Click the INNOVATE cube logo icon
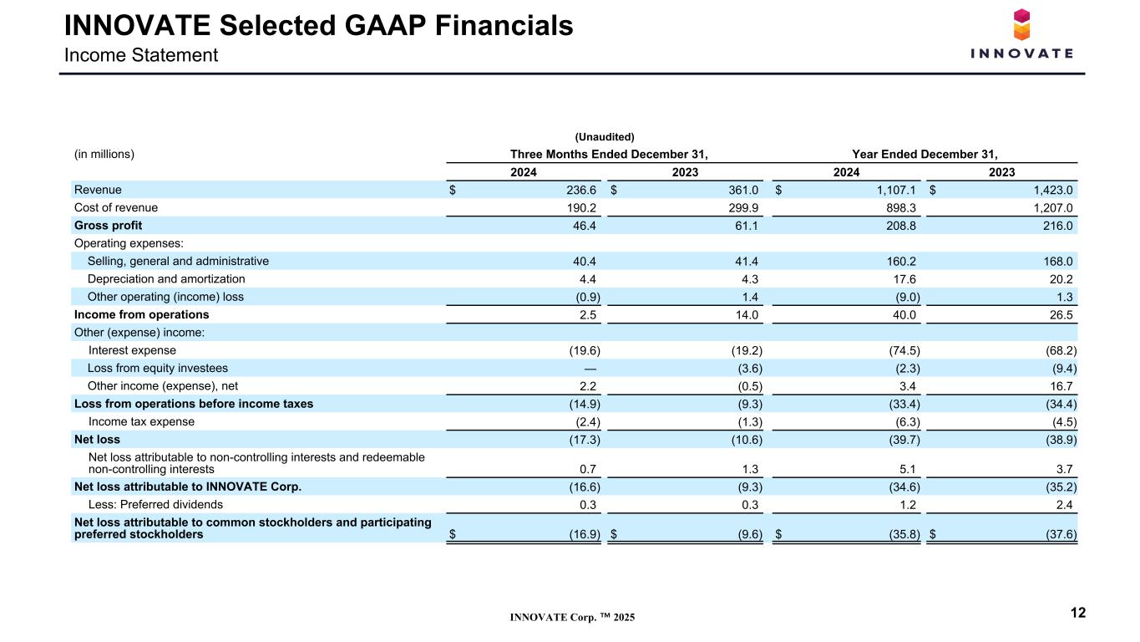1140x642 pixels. (1021, 24)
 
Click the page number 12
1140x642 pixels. (1078, 613)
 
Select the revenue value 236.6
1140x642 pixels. (581, 190)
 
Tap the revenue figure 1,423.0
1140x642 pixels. (1053, 190)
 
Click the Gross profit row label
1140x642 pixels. (108, 225)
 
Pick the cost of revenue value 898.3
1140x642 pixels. (901, 208)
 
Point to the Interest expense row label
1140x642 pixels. (132, 350)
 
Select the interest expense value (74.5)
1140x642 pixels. (904, 350)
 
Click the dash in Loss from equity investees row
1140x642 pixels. (590, 369)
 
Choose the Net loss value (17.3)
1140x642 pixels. (585, 440)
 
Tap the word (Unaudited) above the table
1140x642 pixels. (605, 137)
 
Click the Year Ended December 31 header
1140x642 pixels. (925, 155)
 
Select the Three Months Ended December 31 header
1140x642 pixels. (609, 155)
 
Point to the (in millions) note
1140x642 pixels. (104, 154)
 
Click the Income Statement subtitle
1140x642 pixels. (141, 55)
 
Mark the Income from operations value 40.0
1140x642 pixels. (904, 315)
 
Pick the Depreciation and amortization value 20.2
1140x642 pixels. (1061, 279)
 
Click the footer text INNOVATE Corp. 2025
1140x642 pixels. (573, 617)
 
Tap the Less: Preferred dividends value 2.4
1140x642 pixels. (1064, 505)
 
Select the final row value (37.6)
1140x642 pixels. (1061, 534)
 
